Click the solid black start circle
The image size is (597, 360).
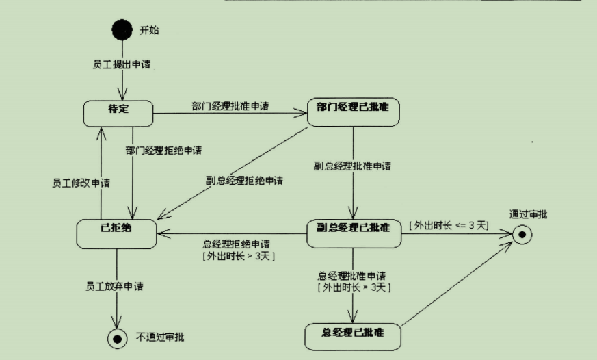click(x=122, y=31)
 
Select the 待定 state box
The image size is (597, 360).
click(x=118, y=114)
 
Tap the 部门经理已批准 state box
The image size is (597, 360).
click(x=353, y=112)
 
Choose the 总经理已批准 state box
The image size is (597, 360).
click(x=352, y=336)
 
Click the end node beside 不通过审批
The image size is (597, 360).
click(x=117, y=337)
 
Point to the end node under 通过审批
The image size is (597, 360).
click(x=523, y=235)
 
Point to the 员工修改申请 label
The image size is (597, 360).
click(x=81, y=183)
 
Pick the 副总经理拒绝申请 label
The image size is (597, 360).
click(x=244, y=181)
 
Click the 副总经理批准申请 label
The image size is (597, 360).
click(x=353, y=166)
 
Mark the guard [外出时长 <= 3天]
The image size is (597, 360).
click(x=448, y=225)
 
